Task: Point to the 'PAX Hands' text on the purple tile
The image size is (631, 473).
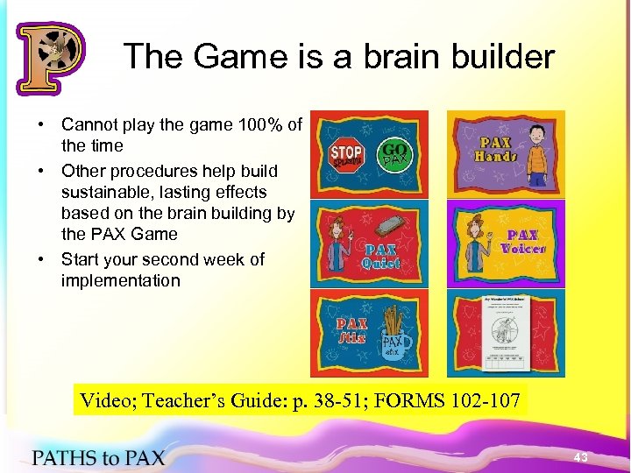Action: point(495,149)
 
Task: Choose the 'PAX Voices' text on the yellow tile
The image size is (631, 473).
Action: point(522,242)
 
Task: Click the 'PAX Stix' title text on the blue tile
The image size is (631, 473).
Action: point(353,329)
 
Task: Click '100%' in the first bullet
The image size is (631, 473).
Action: point(258,124)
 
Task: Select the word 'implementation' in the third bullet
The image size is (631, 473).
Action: point(120,280)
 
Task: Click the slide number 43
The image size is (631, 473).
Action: point(580,458)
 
